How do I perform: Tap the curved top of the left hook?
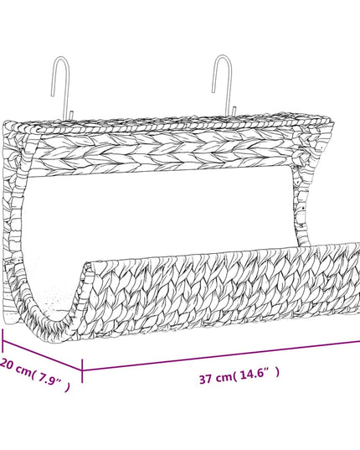(x=61, y=59)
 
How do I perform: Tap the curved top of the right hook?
(x=223, y=57)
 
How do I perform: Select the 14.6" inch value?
(x=255, y=375)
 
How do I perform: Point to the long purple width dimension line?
(x=221, y=356)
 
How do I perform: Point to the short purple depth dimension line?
(x=42, y=355)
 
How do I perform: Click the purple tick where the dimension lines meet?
(x=82, y=370)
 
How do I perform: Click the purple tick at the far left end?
(x=3, y=340)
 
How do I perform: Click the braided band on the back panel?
(x=167, y=153)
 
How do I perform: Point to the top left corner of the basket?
(x=6, y=124)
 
